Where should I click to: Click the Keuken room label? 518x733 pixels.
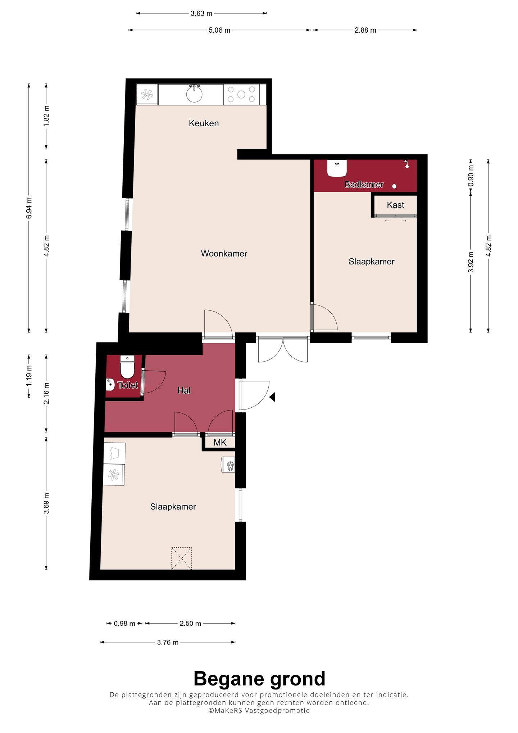tap(204, 123)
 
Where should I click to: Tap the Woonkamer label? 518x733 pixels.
tap(224, 253)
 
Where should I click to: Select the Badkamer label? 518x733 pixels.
tap(364, 185)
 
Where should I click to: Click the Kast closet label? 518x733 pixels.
tap(395, 205)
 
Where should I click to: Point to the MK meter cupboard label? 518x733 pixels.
tap(220, 443)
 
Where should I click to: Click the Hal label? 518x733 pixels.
tap(184, 390)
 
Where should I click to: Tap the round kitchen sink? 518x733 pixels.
tap(194, 94)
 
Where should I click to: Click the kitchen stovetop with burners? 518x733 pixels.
tap(241, 94)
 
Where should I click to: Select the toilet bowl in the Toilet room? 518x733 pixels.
tap(127, 367)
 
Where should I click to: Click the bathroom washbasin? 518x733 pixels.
tap(337, 168)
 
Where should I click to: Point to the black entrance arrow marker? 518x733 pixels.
tap(272, 397)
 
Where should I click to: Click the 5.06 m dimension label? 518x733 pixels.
tap(219, 30)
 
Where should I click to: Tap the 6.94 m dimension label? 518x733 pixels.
tap(29, 208)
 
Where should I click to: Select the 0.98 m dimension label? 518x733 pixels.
tap(124, 624)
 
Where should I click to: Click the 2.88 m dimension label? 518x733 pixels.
tap(365, 30)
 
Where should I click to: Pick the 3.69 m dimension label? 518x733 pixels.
tap(46, 503)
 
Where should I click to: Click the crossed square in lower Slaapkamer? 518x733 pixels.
tap(182, 558)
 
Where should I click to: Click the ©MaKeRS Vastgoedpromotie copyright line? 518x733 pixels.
tap(259, 710)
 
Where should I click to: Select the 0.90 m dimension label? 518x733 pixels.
tap(471, 175)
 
